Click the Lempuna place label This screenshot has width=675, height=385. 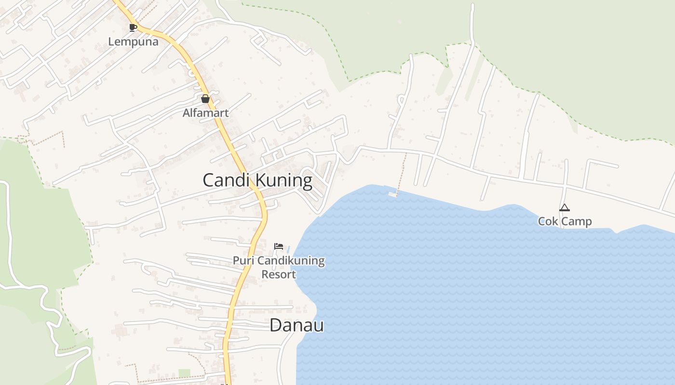point(133,41)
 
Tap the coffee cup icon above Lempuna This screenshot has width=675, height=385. point(133,27)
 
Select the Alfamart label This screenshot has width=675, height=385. point(205,113)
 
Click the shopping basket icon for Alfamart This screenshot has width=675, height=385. point(205,99)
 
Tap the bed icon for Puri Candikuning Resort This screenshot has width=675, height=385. point(278,246)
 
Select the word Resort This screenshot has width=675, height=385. point(279,274)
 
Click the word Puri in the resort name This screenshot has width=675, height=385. point(243,261)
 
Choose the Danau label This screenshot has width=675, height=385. point(297,325)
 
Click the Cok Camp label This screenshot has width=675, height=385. point(565,221)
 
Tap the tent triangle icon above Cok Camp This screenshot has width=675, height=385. point(565,208)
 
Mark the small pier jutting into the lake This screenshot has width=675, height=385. point(393,194)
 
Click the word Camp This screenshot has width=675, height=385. point(576,221)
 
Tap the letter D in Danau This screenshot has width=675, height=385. point(275,325)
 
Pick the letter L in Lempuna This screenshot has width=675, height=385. point(111,41)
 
